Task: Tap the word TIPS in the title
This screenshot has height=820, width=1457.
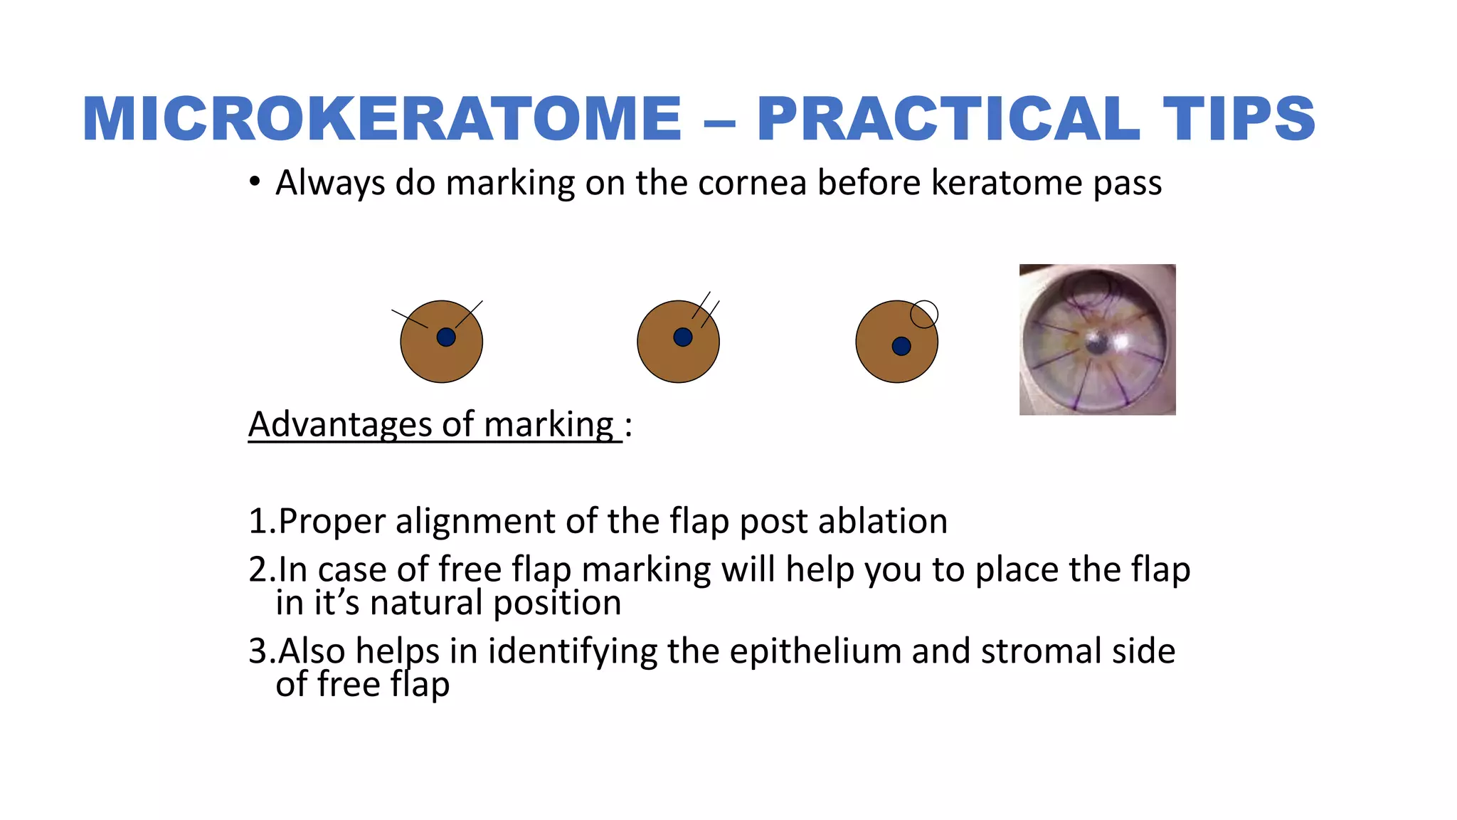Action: (x=1239, y=119)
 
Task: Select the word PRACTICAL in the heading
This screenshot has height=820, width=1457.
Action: (x=949, y=119)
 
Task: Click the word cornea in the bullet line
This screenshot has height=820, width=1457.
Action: (x=752, y=183)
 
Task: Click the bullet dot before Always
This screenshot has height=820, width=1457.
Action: (x=255, y=182)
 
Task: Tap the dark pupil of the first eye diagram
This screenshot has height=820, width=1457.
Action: (x=446, y=337)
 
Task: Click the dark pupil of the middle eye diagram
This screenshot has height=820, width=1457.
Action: (x=683, y=337)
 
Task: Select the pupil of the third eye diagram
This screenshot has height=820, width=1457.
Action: (x=901, y=346)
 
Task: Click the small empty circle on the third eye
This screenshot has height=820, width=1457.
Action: (x=924, y=314)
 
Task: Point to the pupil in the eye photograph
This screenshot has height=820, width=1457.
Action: (x=1096, y=343)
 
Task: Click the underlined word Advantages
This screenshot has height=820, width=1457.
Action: (x=340, y=425)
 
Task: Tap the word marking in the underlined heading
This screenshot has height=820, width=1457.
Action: (x=549, y=425)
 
